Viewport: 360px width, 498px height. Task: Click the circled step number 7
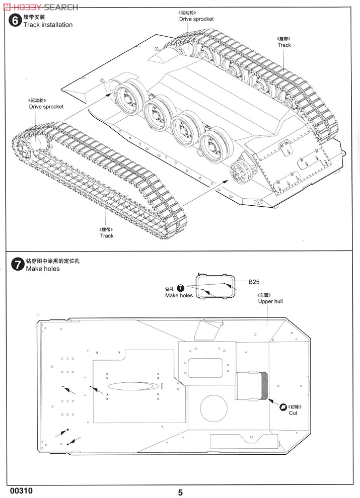(x=17, y=264)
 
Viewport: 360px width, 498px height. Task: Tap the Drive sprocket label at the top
(x=196, y=19)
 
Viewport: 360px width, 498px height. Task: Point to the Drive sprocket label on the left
(x=46, y=107)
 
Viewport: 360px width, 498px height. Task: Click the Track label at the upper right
(x=284, y=45)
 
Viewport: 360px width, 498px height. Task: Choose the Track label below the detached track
(x=107, y=235)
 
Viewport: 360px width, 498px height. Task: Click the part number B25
(x=254, y=282)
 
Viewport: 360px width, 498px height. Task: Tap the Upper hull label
(x=270, y=301)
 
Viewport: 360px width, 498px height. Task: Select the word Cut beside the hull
(x=293, y=413)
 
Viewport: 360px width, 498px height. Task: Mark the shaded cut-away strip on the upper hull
(x=264, y=385)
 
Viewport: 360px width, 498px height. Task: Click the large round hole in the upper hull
(x=214, y=408)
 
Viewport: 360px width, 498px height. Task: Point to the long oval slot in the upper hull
(x=132, y=386)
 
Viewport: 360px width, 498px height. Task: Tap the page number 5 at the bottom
(x=180, y=492)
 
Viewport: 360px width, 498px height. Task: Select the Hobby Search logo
(x=40, y=7)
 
